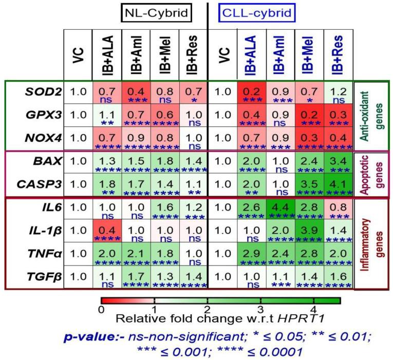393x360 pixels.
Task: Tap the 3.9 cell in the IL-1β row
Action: pos(309,231)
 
